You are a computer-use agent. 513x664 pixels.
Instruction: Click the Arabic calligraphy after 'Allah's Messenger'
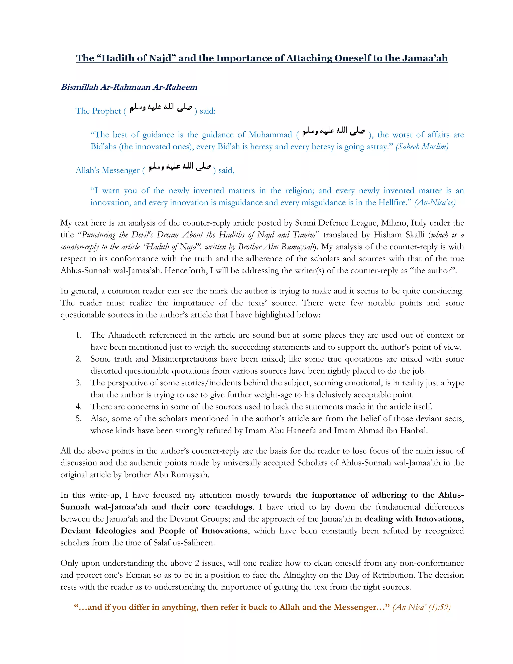[x=180, y=167]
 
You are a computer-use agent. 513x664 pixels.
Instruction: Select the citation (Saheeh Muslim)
[x=422, y=147]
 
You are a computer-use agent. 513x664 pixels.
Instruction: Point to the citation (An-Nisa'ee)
[x=435, y=202]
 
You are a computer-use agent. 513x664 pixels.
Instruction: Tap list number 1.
[x=79, y=335]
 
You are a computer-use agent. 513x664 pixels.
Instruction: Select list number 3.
[x=79, y=383]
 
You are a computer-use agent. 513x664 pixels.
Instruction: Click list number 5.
[x=79, y=419]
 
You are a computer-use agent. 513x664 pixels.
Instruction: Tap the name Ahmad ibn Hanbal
[x=400, y=430]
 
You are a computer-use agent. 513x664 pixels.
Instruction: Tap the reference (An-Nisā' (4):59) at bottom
[x=421, y=607]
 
